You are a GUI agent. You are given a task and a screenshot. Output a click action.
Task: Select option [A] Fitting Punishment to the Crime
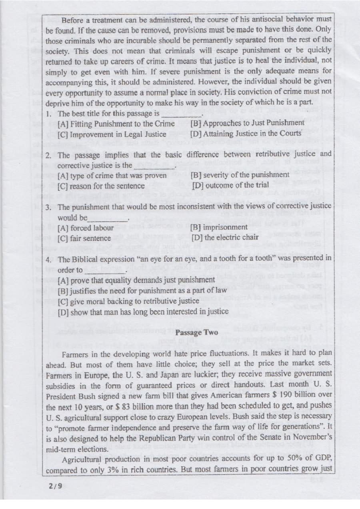click(116, 124)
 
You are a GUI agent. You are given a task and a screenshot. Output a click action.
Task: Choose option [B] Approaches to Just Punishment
click(247, 123)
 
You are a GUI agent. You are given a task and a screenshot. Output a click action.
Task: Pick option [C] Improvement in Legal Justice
click(112, 134)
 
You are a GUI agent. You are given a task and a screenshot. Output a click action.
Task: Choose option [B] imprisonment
click(219, 227)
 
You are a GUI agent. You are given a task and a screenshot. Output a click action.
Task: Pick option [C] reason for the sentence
click(101, 185)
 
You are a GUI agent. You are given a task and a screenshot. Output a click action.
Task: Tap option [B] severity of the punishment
click(240, 174)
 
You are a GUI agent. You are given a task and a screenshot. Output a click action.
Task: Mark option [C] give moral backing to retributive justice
click(128, 301)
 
